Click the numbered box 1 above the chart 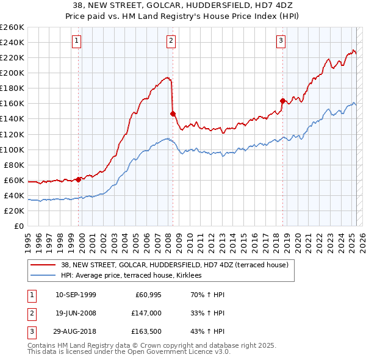point(76,41)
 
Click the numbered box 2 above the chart point(171,41)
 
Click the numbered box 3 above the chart point(281,41)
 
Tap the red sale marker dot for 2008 point(173,113)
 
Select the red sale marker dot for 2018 point(282,101)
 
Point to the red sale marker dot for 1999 point(79,179)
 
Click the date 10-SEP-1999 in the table point(76,295)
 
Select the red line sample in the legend point(43,265)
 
